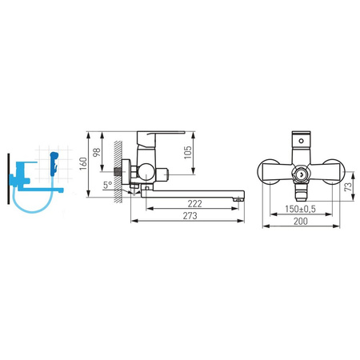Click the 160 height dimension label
[83, 163]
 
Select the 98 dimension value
[97, 152]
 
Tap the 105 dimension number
[188, 152]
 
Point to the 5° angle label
[108, 185]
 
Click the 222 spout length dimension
[195, 204]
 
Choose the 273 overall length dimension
[190, 215]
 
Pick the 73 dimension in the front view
[348, 186]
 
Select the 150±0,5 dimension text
[300, 209]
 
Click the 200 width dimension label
[301, 221]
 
